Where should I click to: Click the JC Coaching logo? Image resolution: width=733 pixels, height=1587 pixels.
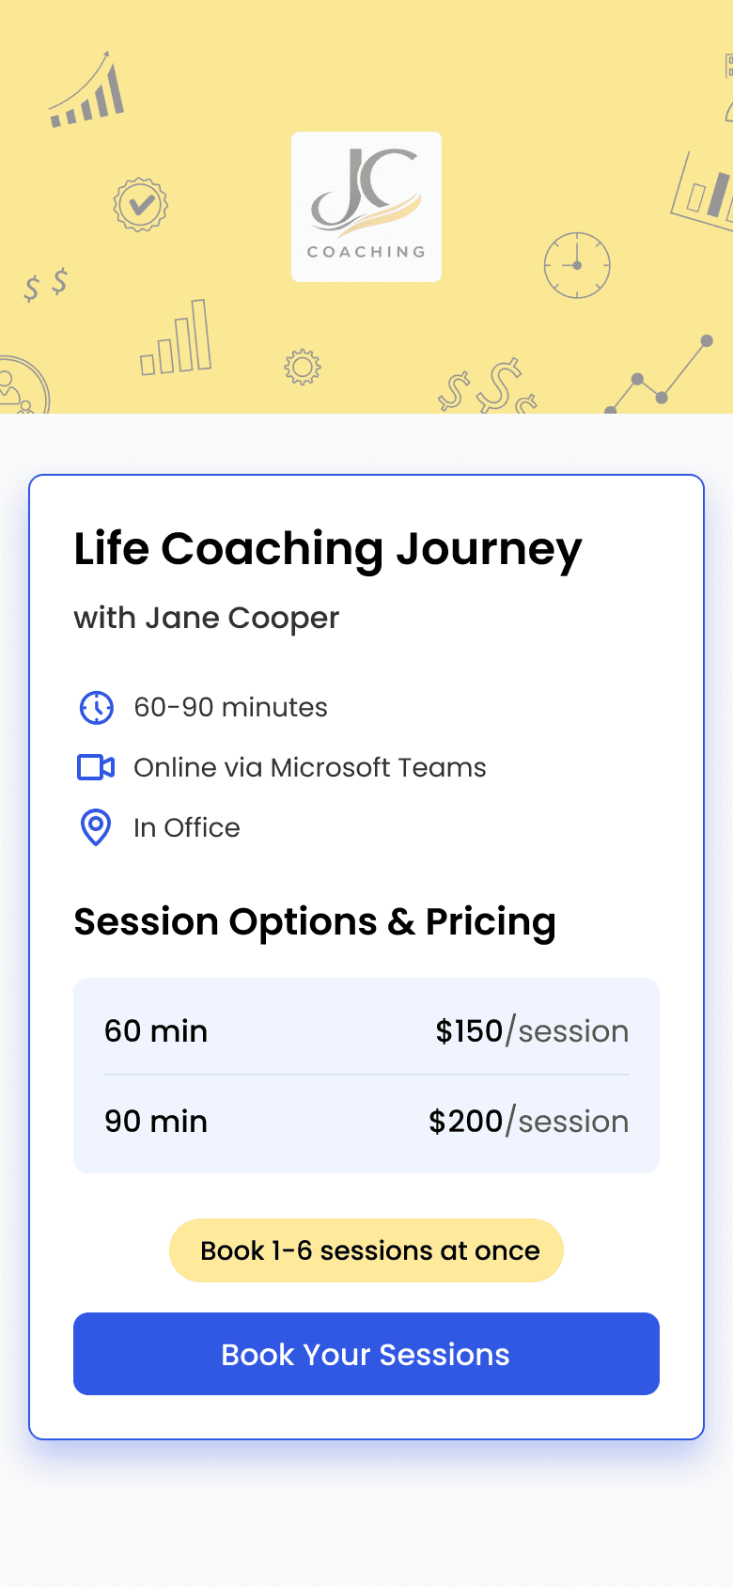tap(366, 206)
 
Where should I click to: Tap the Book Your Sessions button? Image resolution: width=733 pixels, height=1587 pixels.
tap(366, 1353)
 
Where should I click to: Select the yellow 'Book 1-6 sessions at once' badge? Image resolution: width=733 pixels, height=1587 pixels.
tap(366, 1250)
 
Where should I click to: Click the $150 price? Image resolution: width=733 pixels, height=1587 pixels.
tap(469, 1030)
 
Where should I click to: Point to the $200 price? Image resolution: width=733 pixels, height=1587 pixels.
tap(465, 1122)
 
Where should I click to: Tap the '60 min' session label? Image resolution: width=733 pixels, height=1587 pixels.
tap(156, 1030)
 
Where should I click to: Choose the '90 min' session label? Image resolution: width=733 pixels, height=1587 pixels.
tap(156, 1122)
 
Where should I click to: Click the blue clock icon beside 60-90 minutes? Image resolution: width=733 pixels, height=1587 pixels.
tap(96, 708)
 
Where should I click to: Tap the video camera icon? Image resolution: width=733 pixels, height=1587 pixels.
tap(96, 767)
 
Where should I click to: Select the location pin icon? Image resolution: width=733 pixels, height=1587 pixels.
tap(96, 826)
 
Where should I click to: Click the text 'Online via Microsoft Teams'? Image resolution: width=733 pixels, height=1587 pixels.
tap(310, 767)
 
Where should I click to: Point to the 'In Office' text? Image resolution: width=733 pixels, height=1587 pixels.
tap(187, 827)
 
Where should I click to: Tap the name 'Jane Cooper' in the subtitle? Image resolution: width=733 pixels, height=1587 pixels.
tap(242, 619)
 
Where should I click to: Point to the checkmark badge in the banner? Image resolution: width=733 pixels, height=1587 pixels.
tap(140, 205)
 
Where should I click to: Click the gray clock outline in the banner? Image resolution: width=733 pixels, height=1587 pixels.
tap(577, 265)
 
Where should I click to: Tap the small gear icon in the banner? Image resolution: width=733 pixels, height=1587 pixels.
tap(303, 367)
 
